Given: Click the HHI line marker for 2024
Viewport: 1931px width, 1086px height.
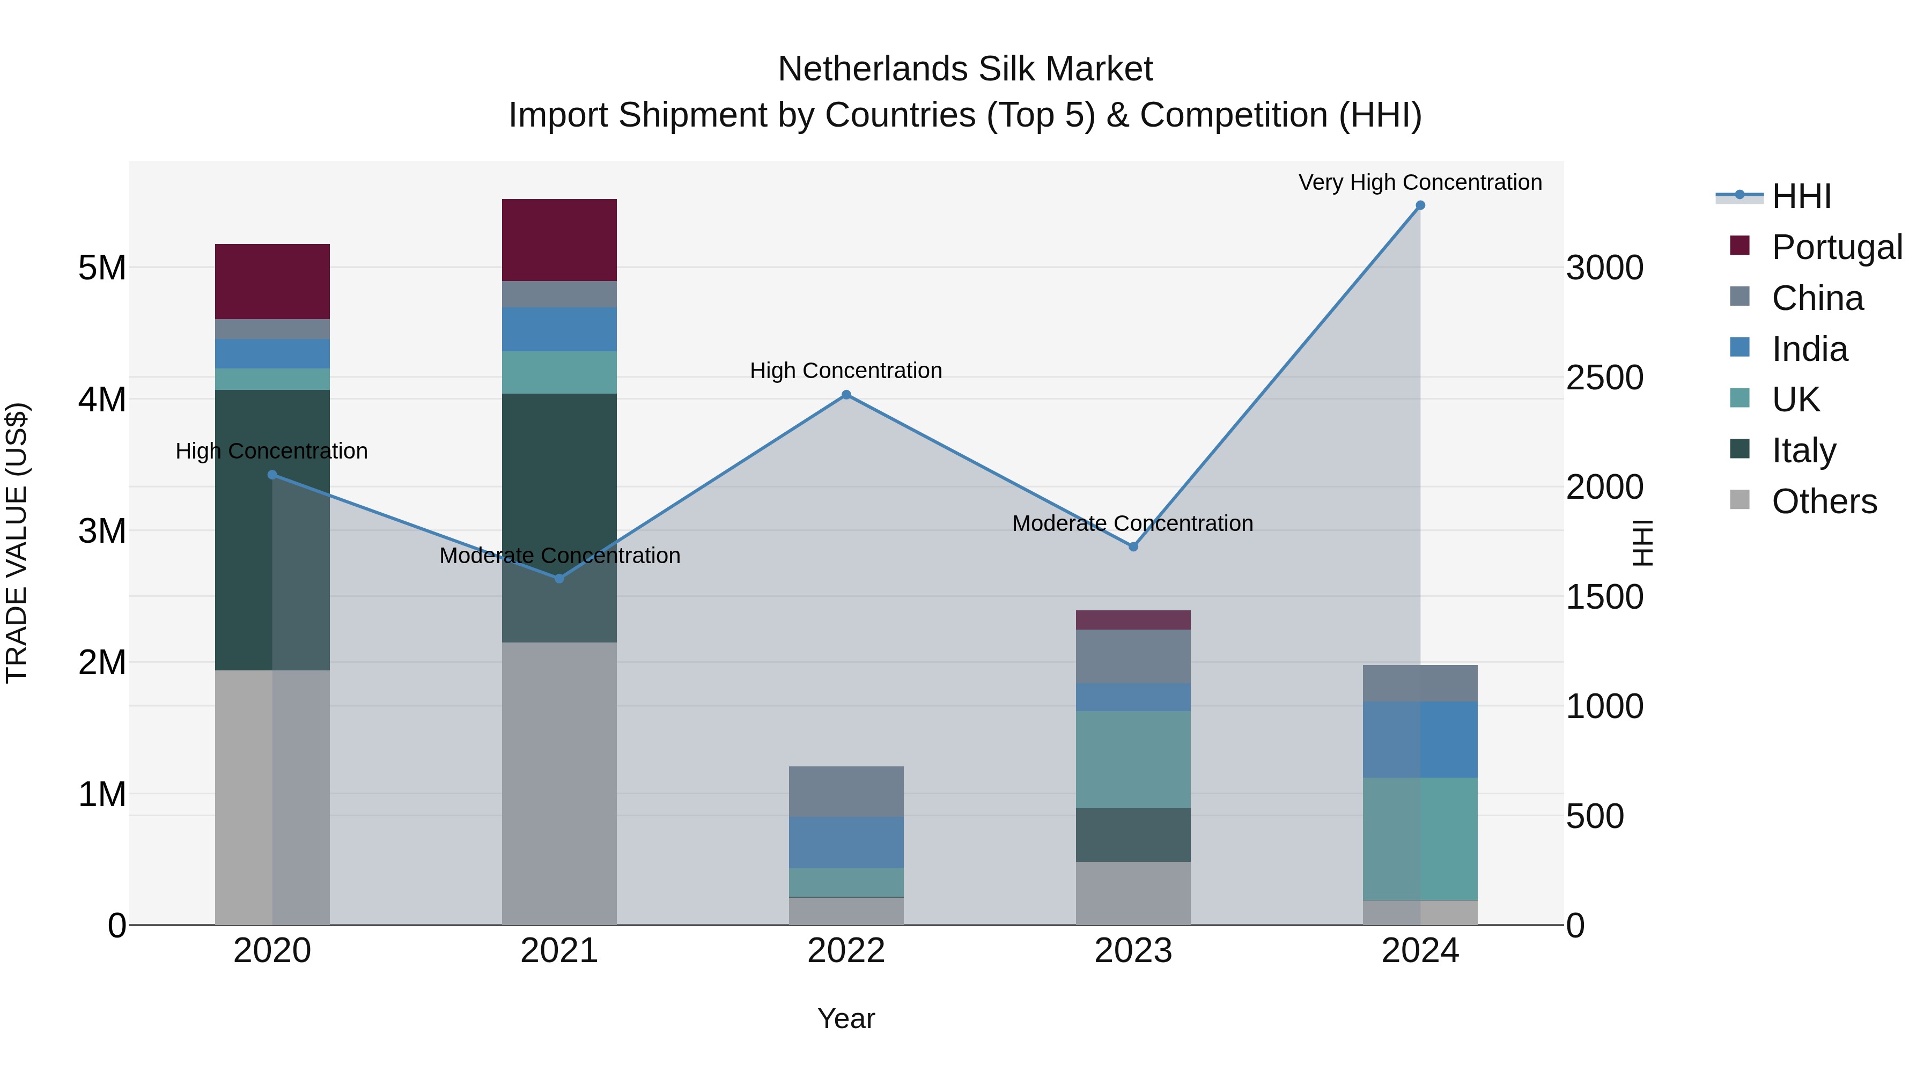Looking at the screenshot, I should tap(1420, 205).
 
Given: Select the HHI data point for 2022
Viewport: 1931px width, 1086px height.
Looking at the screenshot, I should tap(846, 395).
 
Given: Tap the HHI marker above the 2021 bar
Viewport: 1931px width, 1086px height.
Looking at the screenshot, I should tap(559, 579).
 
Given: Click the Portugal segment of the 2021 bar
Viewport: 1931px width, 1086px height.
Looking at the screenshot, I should tap(559, 240).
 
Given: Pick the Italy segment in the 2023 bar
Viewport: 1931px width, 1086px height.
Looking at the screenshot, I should tap(1133, 835).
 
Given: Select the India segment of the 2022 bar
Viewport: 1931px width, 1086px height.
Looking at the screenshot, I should tap(846, 843).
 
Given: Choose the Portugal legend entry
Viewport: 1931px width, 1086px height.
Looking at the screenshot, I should tap(1837, 247).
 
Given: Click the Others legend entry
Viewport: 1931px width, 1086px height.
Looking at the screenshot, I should tap(1824, 501).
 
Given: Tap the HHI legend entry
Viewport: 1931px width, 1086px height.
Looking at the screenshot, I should tap(1801, 196).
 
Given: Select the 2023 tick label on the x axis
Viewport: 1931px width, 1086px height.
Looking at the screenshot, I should tap(1133, 951).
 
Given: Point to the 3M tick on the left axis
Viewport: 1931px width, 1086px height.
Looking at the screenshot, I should tap(102, 530).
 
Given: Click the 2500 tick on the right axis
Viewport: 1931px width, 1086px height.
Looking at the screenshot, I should tap(1604, 377).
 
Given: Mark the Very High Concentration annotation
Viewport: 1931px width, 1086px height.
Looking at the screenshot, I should tap(1420, 182).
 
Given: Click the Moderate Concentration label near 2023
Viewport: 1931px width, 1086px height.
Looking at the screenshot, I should tap(1133, 523).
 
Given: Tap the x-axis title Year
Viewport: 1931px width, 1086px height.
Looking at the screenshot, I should tap(846, 1018).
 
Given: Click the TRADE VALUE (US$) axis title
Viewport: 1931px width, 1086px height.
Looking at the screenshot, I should tap(17, 543).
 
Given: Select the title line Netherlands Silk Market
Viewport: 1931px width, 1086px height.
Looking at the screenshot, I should tap(965, 69).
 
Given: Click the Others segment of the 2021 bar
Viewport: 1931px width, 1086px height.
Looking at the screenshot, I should tap(559, 783).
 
